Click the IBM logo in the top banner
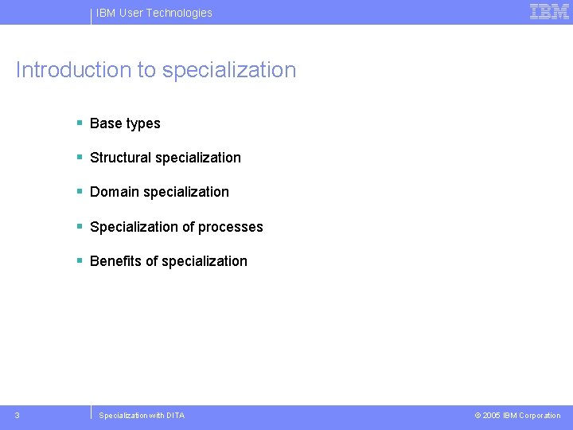coord(549,12)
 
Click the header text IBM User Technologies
coord(154,13)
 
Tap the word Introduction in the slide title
coord(74,70)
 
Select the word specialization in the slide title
coord(229,70)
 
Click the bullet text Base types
coord(125,123)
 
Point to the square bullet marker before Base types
coord(80,123)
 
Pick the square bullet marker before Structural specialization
coord(80,157)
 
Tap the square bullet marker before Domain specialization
coord(80,191)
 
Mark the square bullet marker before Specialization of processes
coord(80,226)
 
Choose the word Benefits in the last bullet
coord(116,261)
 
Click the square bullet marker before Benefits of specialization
coord(80,260)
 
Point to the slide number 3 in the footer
coord(18,415)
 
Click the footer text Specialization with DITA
coord(142,416)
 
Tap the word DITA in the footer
coord(175,416)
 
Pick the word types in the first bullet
coord(143,124)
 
